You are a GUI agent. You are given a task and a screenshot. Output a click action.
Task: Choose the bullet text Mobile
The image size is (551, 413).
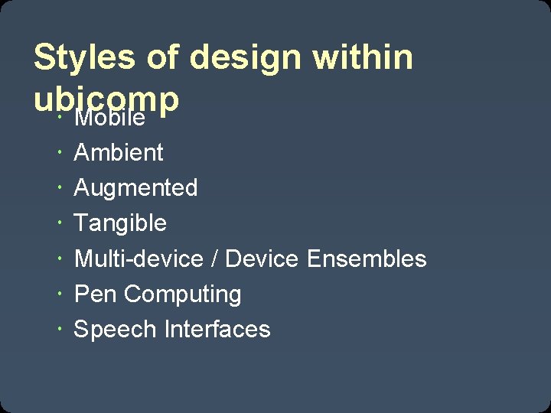[109, 119]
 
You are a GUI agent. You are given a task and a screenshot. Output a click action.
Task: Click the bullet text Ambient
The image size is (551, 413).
[119, 152]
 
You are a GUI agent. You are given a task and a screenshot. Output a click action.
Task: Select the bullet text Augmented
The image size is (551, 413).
[135, 187]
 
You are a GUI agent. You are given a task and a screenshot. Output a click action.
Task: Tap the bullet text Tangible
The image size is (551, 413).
[119, 223]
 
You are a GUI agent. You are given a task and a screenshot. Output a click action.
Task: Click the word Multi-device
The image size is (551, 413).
[139, 259]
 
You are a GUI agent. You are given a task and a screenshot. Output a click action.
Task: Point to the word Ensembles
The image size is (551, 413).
[367, 259]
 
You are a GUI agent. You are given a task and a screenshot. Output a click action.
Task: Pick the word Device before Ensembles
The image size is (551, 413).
[262, 259]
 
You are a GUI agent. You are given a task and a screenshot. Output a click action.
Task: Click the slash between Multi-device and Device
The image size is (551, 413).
[214, 259]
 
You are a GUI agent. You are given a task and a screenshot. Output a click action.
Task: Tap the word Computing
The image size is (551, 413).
[182, 294]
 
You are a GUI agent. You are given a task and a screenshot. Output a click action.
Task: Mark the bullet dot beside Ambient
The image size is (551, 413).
[60, 153]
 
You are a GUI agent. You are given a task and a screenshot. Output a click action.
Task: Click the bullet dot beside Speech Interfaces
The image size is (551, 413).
[60, 330]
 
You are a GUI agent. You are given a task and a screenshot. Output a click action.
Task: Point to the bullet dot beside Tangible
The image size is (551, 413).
[60, 223]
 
